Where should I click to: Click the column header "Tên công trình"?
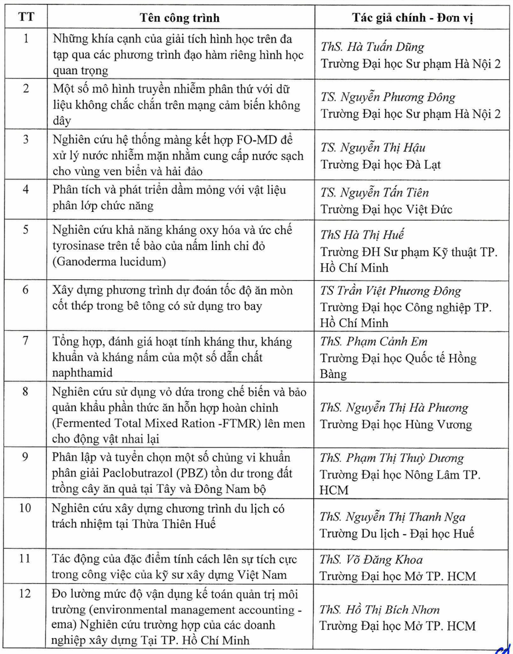180,17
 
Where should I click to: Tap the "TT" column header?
26,17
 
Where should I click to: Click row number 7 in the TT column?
26,341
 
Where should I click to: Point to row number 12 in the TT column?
26,593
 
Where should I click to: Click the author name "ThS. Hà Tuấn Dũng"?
372,47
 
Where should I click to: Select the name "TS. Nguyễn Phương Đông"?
388,97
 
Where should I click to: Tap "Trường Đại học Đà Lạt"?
380,164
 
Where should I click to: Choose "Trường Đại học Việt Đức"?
386,209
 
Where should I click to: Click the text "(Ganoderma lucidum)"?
109,262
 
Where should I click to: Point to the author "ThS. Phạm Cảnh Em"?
373,341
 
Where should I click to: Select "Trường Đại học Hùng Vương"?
396,424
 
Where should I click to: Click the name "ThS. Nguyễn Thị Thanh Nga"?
392,517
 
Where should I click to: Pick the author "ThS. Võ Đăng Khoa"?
371,559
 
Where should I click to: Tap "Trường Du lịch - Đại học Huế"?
398,533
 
